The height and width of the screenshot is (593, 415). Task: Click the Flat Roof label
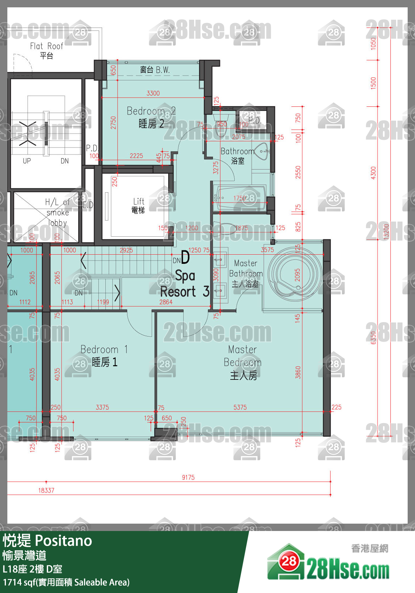pyautogui.click(x=46, y=51)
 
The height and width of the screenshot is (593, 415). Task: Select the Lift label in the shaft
pyautogui.click(x=138, y=205)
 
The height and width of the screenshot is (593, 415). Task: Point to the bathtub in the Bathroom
pyautogui.click(x=241, y=199)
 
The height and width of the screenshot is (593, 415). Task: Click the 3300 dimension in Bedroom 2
pyautogui.click(x=153, y=93)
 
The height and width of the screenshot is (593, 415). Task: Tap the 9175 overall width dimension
pyautogui.click(x=188, y=477)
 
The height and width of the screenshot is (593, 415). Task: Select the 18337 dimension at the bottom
pyautogui.click(x=46, y=490)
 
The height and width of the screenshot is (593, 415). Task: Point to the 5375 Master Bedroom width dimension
pyautogui.click(x=240, y=407)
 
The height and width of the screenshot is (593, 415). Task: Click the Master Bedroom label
pyautogui.click(x=243, y=362)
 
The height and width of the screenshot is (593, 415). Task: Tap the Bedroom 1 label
pyautogui.click(x=104, y=356)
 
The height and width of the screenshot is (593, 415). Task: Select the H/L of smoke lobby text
pyautogui.click(x=57, y=212)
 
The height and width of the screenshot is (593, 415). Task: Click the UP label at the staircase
pyautogui.click(x=27, y=161)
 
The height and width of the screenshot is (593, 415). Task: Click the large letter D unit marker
pyautogui.click(x=185, y=257)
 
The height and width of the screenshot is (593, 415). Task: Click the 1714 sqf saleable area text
pyautogui.click(x=66, y=582)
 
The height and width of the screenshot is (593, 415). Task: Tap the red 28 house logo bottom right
pyautogui.click(x=288, y=561)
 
